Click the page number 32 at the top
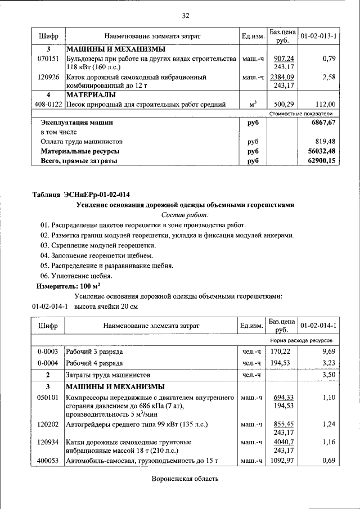tap(186, 15)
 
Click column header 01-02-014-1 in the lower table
tap(318, 326)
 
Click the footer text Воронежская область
tap(185, 479)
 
